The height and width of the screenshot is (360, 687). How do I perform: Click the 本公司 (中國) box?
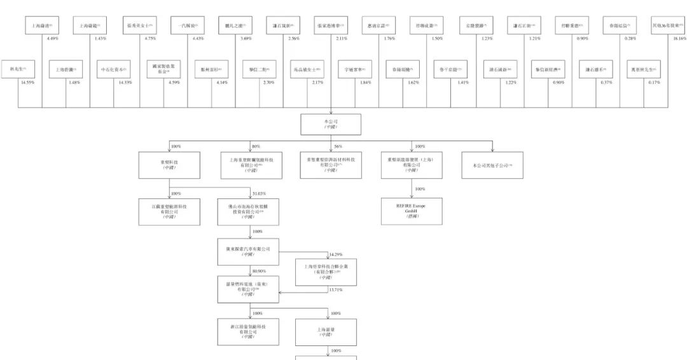pyautogui.click(x=330, y=124)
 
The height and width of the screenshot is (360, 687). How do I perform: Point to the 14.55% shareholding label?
pyautogui.click(x=27, y=83)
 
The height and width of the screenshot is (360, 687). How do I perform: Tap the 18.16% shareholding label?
pyautogui.click(x=678, y=38)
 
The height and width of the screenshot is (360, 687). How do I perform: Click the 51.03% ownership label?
pyautogui.click(x=260, y=193)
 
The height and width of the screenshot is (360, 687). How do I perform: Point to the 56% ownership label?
pyautogui.click(x=338, y=146)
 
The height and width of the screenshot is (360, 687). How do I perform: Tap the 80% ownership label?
pyautogui.click(x=256, y=146)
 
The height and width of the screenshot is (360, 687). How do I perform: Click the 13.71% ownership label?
pyautogui.click(x=335, y=289)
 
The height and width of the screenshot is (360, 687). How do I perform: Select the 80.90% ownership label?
pyautogui.click(x=260, y=270)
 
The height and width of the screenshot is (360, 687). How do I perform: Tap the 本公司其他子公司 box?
pyautogui.click(x=493, y=165)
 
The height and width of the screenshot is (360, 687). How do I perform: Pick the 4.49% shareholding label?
pyautogui.click(x=53, y=38)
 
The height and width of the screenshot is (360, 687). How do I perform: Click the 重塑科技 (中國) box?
pyautogui.click(x=169, y=165)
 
